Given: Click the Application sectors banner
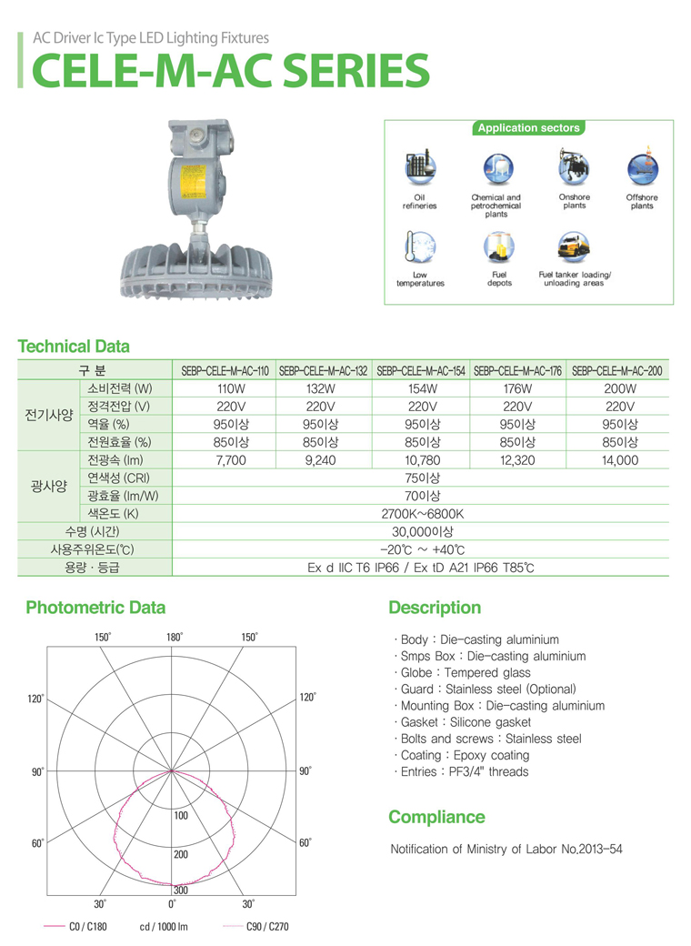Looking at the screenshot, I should (528, 128).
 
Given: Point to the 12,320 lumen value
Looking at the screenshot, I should (517, 460).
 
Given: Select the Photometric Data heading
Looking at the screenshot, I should (95, 608).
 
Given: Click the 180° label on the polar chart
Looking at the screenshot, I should (175, 637).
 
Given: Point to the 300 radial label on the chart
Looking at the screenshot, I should (180, 890).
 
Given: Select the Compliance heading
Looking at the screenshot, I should (436, 817).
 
